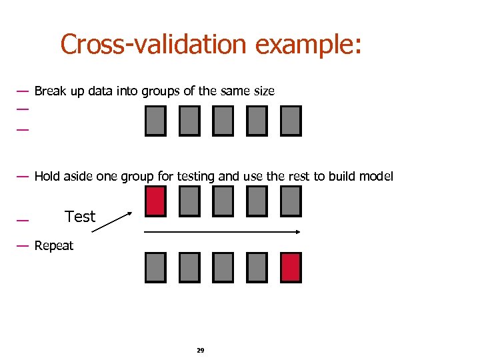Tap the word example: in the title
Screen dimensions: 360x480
click(308, 45)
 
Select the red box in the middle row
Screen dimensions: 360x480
click(155, 201)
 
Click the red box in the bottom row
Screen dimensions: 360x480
click(291, 267)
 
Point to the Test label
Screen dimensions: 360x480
click(80, 217)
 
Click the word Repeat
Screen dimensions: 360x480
click(54, 245)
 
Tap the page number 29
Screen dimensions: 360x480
click(200, 350)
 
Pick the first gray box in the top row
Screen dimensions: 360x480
click(155, 121)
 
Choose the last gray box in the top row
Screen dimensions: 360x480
click(291, 121)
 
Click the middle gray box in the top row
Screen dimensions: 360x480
click(223, 121)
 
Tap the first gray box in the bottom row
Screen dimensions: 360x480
click(155, 267)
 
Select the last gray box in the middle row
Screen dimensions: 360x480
click(291, 201)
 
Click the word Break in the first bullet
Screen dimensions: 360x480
click(50, 91)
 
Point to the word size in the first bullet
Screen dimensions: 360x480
click(263, 91)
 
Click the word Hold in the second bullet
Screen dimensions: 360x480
click(47, 177)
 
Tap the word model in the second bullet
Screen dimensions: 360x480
click(376, 177)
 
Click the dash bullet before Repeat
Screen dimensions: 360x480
click(22, 245)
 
